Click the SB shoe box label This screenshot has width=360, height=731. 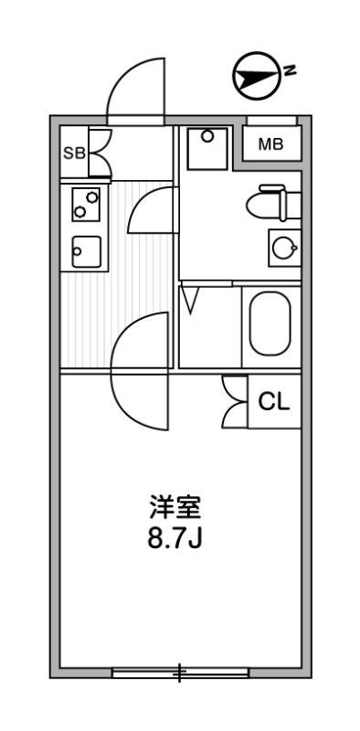(73, 154)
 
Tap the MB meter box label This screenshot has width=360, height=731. (270, 144)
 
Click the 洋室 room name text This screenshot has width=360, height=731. (175, 505)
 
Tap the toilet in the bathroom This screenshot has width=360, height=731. (273, 204)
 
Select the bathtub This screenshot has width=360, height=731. (270, 323)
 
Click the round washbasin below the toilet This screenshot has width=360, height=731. (283, 247)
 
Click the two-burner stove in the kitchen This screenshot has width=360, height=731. (86, 205)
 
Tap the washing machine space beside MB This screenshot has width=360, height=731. (207, 148)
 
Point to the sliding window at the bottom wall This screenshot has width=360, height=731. (180, 674)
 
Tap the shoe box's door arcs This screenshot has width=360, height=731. (100, 153)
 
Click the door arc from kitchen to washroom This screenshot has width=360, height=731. (151, 210)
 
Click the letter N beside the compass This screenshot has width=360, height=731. (289, 69)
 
